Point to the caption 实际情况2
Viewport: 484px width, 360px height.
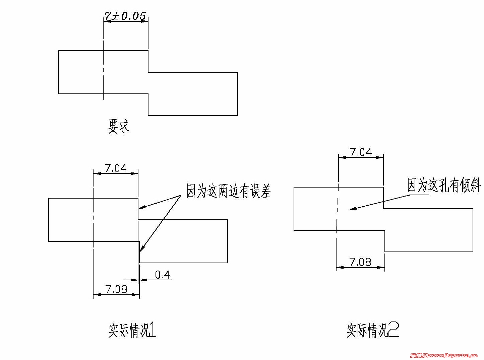[x=372, y=330]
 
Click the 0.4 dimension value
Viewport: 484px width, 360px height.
[x=163, y=275]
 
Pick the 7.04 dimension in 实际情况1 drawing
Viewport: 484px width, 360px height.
[x=116, y=168]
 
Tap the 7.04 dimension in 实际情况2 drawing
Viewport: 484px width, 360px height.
[x=361, y=152]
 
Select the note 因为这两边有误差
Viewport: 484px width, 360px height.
[x=228, y=191]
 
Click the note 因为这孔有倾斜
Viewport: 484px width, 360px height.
[x=443, y=185]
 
